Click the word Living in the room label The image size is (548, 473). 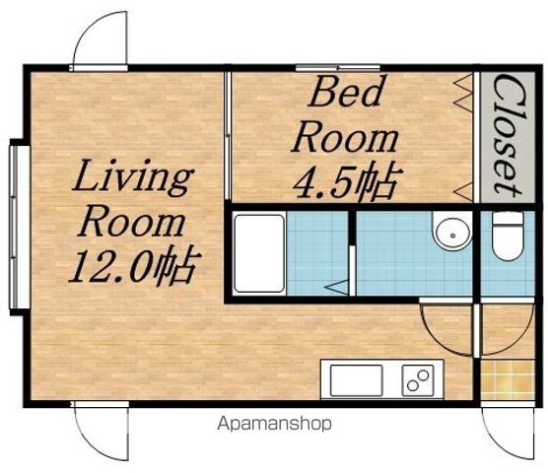(133, 177)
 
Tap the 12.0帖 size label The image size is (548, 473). (135, 266)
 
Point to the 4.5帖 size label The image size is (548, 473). (347, 181)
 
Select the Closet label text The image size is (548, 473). (508, 136)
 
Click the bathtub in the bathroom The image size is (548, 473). (259, 253)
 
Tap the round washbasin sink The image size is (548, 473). (452, 232)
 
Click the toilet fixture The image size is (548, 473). (508, 236)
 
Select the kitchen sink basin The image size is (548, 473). (356, 380)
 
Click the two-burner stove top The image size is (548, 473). (418, 380)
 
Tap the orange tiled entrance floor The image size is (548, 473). (508, 379)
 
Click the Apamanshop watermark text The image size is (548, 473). (274, 424)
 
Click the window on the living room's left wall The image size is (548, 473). (16, 227)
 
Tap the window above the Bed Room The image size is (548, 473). (338, 67)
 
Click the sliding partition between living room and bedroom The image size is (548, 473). (228, 136)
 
